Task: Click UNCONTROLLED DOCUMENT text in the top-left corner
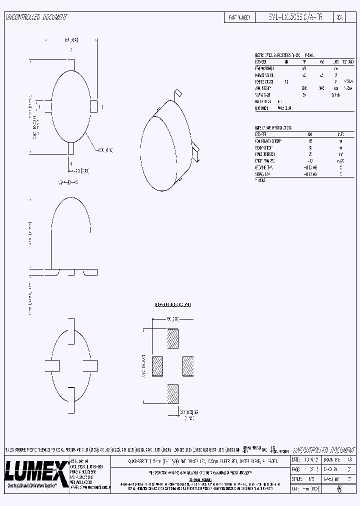(x=36, y=17)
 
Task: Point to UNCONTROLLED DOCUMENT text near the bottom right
(x=316, y=449)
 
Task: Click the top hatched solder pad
(x=172, y=338)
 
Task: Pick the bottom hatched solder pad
(x=172, y=393)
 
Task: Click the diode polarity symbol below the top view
(x=70, y=183)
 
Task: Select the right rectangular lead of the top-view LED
(x=93, y=106)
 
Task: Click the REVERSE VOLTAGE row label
(x=265, y=81)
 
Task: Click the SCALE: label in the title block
(x=296, y=478)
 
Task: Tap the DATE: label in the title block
(x=295, y=459)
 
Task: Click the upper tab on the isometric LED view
(x=177, y=94)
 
